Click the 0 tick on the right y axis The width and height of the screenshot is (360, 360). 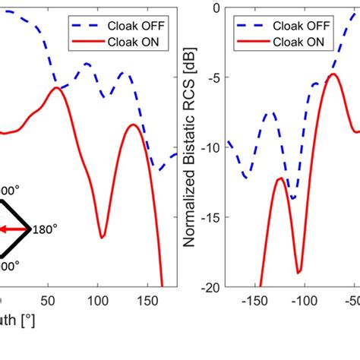tap(214, 8)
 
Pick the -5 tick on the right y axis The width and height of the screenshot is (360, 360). tap(212, 77)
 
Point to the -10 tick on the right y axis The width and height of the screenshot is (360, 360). tap(209, 147)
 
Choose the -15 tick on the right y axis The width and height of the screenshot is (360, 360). tap(209, 217)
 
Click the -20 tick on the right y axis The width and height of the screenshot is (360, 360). tap(209, 287)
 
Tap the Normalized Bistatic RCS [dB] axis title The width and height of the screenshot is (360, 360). tap(191, 147)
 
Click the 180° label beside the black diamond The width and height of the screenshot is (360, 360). tap(46, 228)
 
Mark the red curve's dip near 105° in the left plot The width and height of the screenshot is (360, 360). tap(101, 237)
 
